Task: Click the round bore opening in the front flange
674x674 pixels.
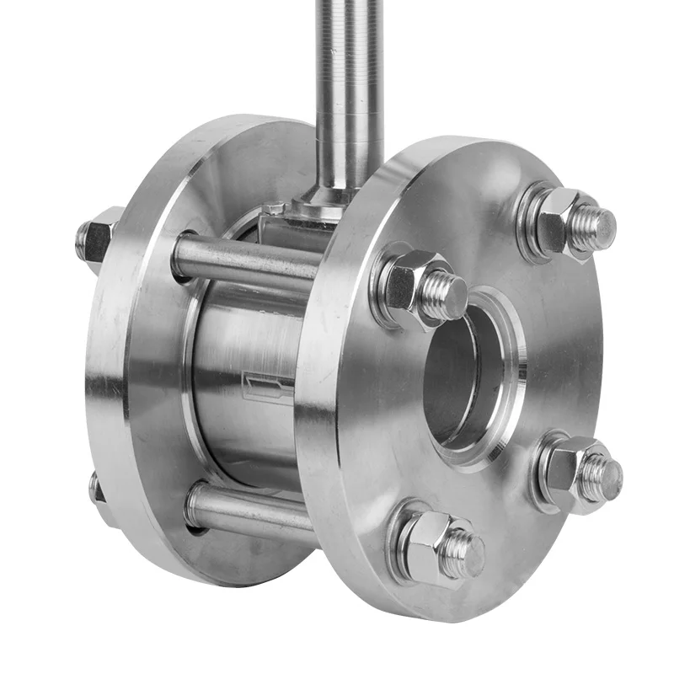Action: [468, 371]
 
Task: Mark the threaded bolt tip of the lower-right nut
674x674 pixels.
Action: [602, 476]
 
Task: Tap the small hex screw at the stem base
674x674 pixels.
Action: [273, 208]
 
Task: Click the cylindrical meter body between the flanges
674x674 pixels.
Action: [244, 371]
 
